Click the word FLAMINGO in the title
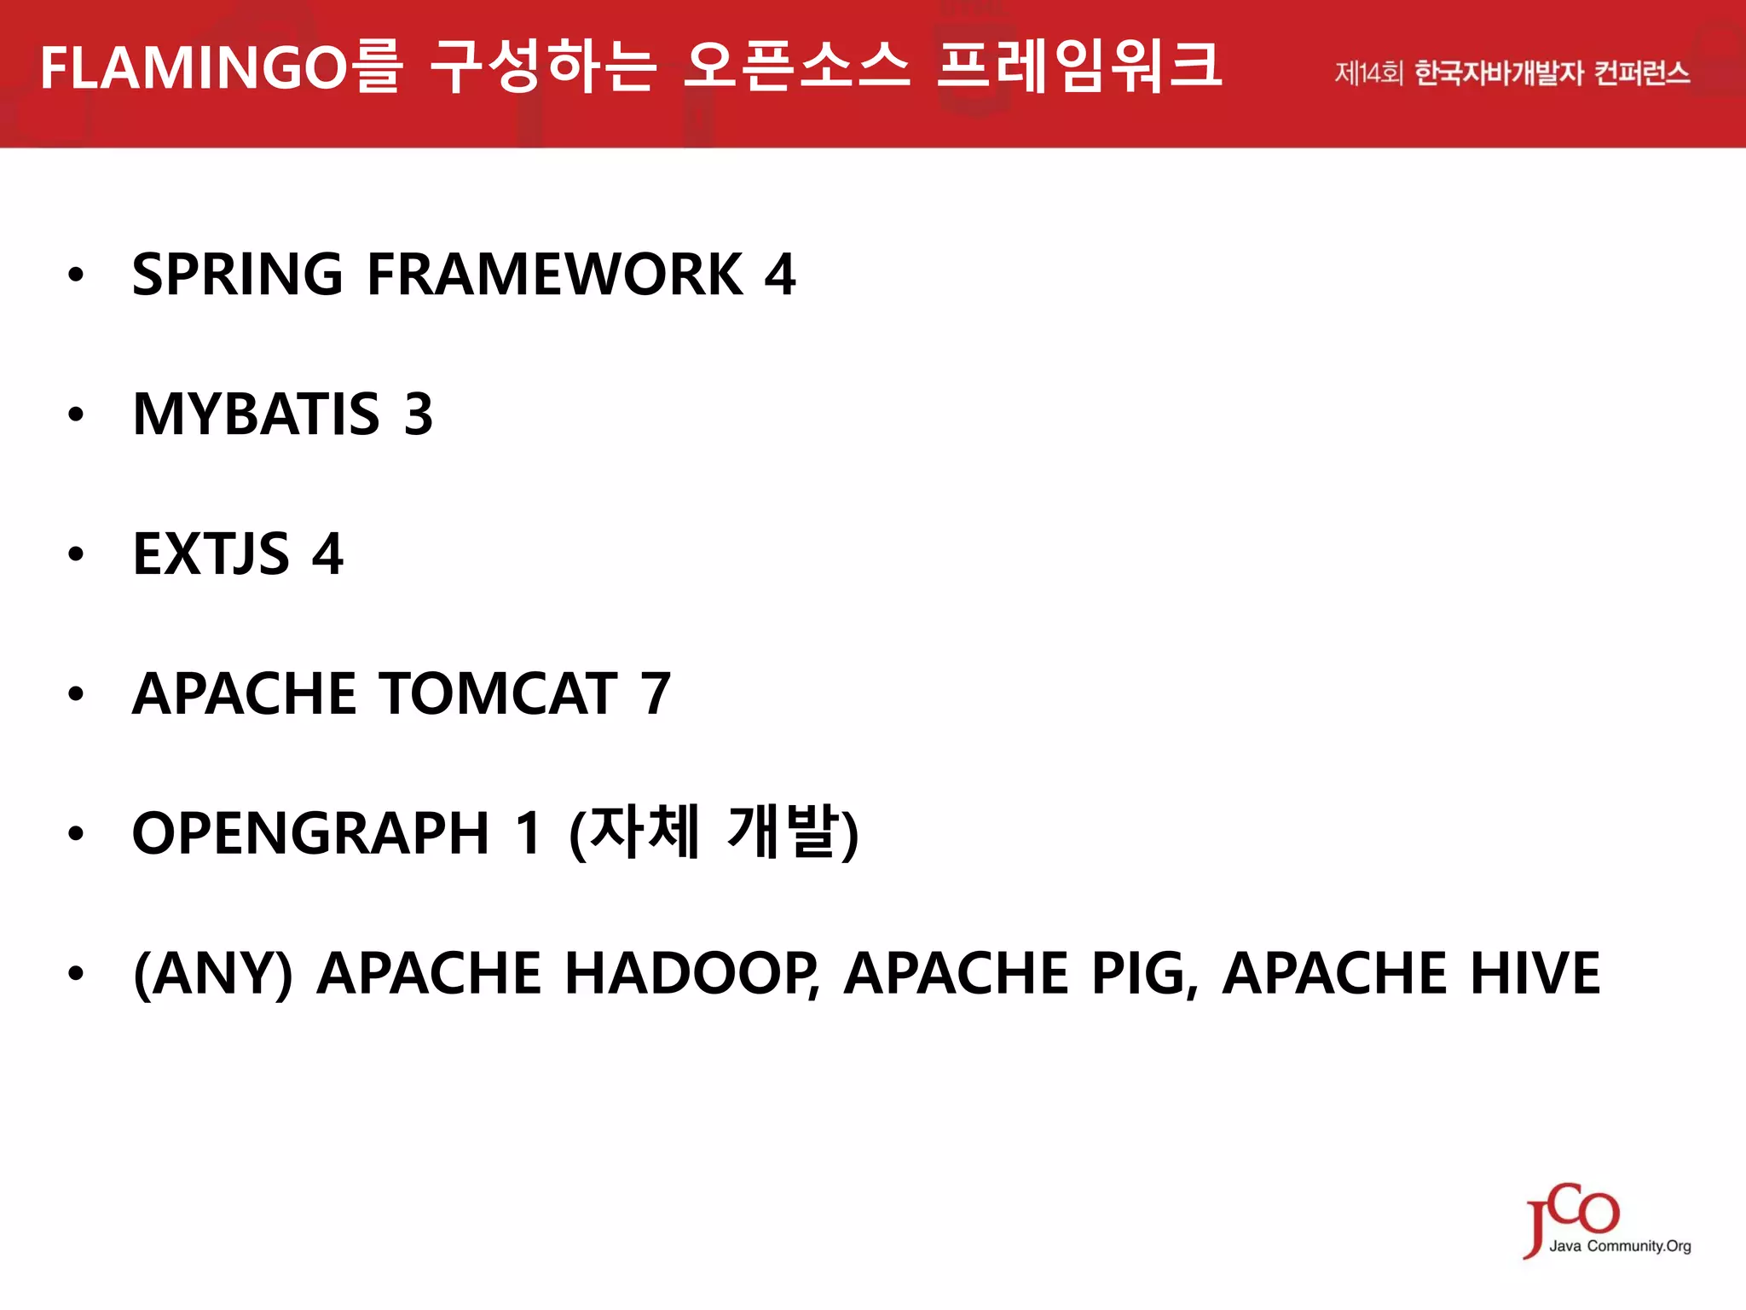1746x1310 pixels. pos(194,68)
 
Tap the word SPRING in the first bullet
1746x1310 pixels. pos(237,275)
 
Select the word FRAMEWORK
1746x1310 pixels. pos(555,275)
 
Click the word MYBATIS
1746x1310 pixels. pos(256,414)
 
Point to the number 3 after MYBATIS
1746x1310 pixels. pos(419,414)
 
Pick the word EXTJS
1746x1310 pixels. pos(211,554)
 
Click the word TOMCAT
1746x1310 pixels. pos(499,693)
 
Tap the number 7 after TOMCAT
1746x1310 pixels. pos(656,693)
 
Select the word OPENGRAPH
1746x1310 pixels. pos(311,833)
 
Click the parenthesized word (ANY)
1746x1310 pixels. pos(213,973)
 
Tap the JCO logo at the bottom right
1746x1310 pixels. pos(1573,1213)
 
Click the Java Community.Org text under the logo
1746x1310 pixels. pos(1620,1246)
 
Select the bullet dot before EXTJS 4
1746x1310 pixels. pos(77,554)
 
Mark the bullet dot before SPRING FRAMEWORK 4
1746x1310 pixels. pos(77,275)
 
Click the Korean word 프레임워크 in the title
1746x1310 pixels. pos(1079,67)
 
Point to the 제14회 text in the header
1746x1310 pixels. pos(1367,73)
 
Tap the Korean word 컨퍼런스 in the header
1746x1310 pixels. pos(1641,73)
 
